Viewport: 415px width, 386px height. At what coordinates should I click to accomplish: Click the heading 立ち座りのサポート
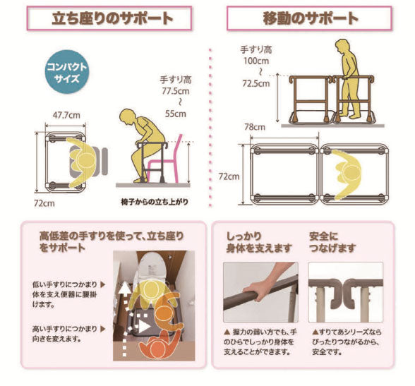click(x=112, y=18)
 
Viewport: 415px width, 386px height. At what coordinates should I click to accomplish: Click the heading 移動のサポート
click(x=311, y=18)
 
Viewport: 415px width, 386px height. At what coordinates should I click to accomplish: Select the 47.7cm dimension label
click(x=66, y=115)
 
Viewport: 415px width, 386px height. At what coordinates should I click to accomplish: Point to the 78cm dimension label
click(x=255, y=127)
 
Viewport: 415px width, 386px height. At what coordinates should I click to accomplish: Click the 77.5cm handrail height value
click(x=176, y=91)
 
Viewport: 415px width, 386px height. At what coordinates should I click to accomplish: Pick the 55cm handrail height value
click(x=176, y=114)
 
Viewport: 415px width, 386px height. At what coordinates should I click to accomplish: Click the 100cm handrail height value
click(x=256, y=61)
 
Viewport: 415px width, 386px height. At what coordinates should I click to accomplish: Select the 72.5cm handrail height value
click(x=256, y=83)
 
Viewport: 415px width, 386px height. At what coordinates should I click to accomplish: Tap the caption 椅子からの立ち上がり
click(x=155, y=202)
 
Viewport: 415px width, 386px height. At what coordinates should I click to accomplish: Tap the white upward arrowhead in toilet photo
click(x=124, y=287)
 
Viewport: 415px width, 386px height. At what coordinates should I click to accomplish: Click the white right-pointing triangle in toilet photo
click(x=145, y=327)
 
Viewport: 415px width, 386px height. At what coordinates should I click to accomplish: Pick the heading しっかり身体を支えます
click(x=259, y=242)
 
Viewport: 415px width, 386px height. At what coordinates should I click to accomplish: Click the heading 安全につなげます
click(x=332, y=242)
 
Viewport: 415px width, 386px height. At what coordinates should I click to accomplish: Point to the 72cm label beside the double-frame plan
click(x=229, y=176)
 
